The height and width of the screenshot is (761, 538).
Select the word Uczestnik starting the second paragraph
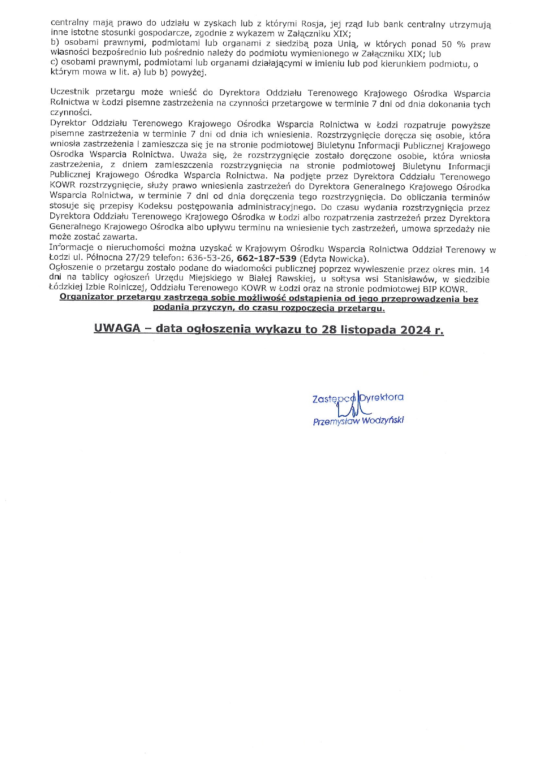click(x=69, y=92)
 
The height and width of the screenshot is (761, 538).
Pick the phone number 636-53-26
click(x=210, y=259)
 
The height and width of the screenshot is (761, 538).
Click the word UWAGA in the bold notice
click(x=117, y=329)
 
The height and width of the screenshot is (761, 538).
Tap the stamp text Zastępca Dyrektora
click(x=358, y=397)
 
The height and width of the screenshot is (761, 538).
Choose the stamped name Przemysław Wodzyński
click(x=358, y=421)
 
